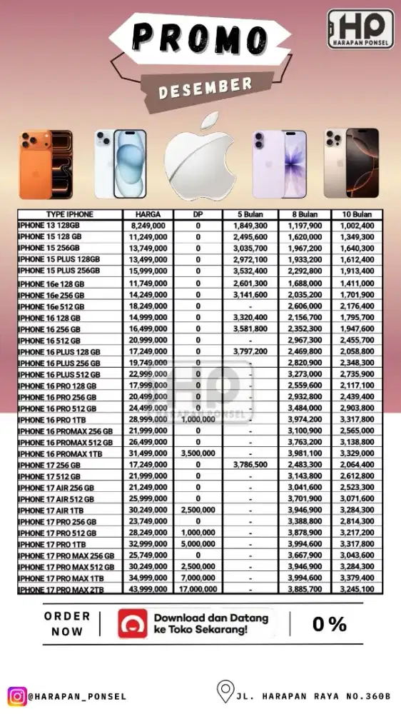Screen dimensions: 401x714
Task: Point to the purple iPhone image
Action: click(x=279, y=164)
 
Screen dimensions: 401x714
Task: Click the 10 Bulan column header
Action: click(x=357, y=214)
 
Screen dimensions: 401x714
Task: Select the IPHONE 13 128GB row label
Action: click(x=50, y=225)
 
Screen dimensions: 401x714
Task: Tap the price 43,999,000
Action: click(x=148, y=590)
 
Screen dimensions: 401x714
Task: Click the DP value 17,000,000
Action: click(x=198, y=590)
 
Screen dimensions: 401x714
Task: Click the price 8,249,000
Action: click(x=148, y=225)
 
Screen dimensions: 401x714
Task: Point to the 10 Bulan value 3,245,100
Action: click(x=357, y=590)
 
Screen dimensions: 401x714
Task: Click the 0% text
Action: click(x=330, y=624)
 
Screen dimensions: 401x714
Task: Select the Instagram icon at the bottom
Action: click(x=16, y=695)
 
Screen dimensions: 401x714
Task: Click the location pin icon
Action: click(x=226, y=692)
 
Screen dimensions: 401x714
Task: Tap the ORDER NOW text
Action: click(x=67, y=623)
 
